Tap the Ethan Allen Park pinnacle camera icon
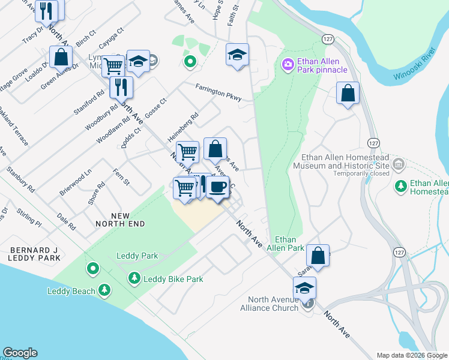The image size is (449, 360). pos(288,64)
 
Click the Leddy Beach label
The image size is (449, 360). pos(71,292)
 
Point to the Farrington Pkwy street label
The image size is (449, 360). pos(218,92)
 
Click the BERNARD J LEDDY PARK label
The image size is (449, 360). pos(34,254)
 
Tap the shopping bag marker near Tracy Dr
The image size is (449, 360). pos(61,58)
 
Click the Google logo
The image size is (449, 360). pos(20,353)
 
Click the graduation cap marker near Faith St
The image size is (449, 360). pos(237,55)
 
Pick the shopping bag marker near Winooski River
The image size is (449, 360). pos(348,93)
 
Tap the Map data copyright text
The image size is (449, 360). pos(412,355)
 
